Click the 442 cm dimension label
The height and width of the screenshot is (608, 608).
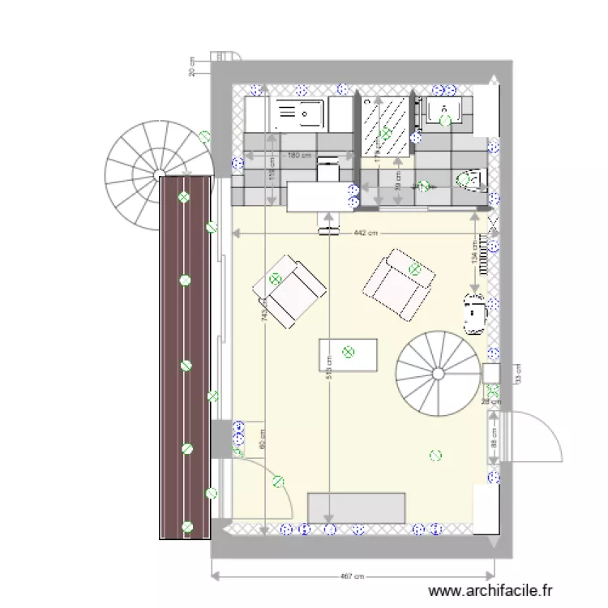366,233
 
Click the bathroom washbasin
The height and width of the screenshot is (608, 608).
446,112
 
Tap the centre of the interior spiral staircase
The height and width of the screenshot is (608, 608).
438,374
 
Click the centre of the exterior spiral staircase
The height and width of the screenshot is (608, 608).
159,173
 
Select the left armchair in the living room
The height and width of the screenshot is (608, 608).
289,289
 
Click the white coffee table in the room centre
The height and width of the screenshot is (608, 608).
349,353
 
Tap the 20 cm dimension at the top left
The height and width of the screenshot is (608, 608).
192,67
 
